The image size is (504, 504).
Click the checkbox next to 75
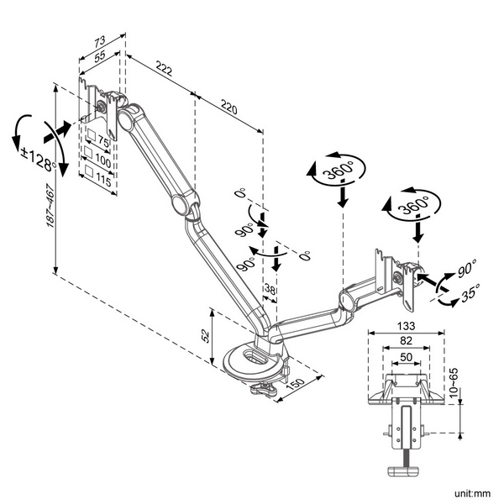tap(91, 139)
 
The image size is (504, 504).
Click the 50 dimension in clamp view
tap(404, 357)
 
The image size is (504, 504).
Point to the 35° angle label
tap(470, 293)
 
